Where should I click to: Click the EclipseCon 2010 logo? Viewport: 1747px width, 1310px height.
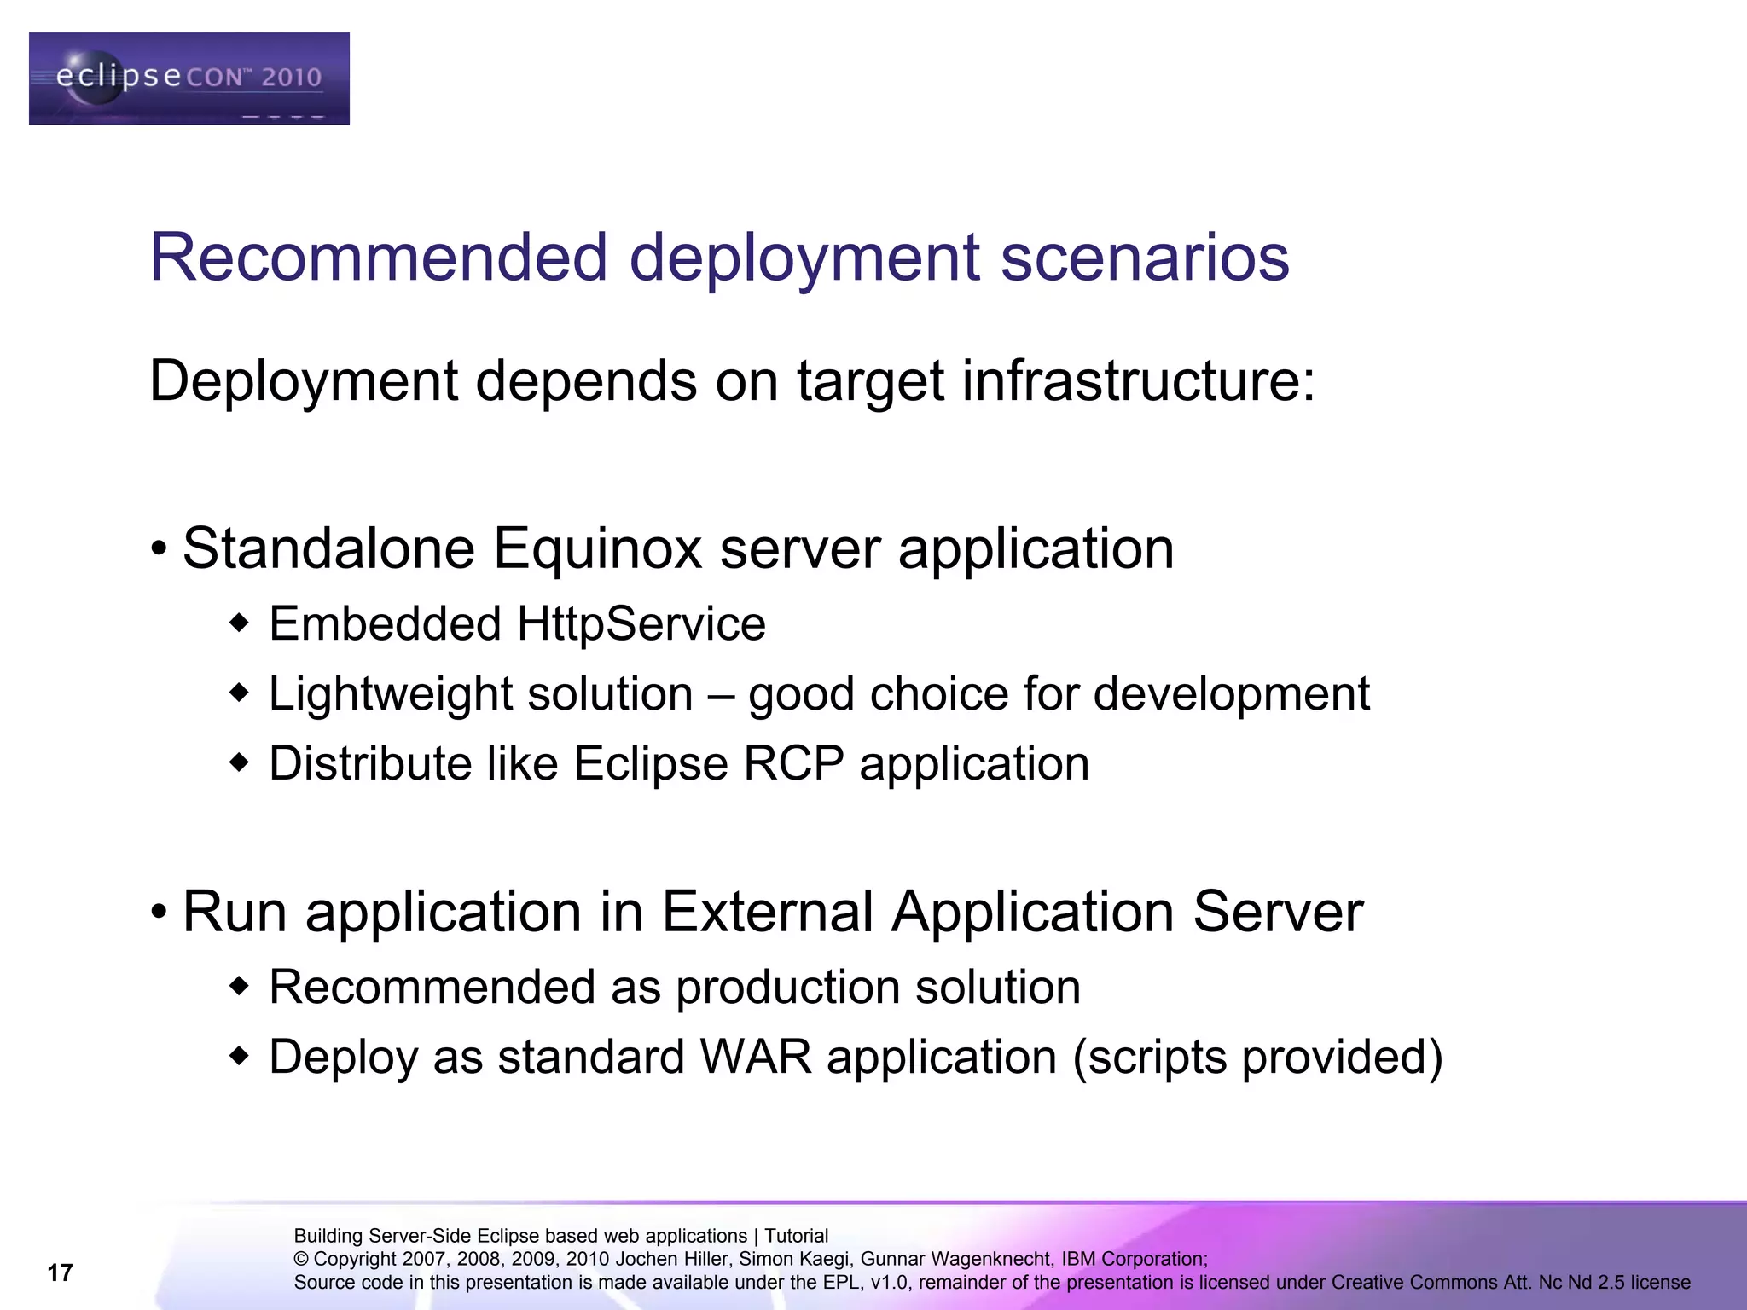[x=189, y=78]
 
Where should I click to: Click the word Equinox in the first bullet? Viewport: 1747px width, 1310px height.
[x=597, y=548]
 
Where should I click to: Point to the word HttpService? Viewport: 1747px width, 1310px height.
[x=641, y=623]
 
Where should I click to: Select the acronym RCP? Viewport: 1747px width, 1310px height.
[x=793, y=762]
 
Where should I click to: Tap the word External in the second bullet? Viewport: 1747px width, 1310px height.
[x=768, y=912]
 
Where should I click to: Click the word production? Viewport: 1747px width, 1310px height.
[x=786, y=988]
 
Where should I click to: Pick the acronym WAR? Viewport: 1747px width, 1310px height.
[x=756, y=1058]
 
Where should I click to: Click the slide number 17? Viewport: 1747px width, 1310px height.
[x=60, y=1272]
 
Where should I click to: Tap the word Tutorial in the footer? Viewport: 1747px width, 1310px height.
[x=796, y=1236]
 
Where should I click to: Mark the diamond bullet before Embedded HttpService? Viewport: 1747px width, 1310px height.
[x=240, y=623]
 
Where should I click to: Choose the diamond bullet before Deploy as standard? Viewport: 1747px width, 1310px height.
[x=240, y=1057]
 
